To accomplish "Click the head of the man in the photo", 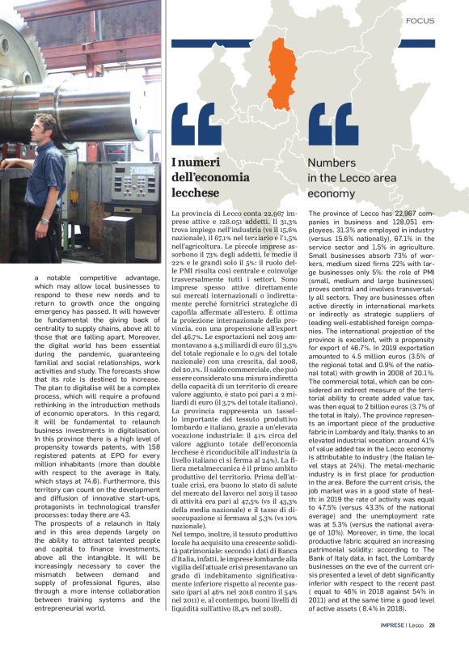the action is point(47,127).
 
